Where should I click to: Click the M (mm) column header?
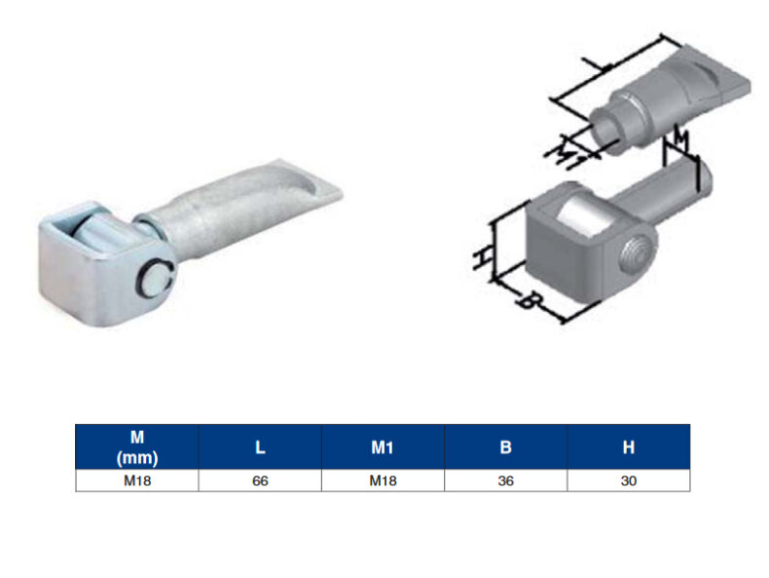click(x=137, y=446)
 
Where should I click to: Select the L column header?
click(x=260, y=446)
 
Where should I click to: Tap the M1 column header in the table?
click(x=383, y=446)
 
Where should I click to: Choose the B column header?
click(x=505, y=446)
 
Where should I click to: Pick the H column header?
click(x=629, y=446)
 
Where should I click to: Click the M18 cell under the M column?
click(x=137, y=481)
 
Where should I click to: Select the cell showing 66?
click(x=260, y=481)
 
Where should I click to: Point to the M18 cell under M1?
click(x=383, y=481)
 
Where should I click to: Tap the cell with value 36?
click(x=505, y=481)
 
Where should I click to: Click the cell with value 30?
click(x=629, y=481)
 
